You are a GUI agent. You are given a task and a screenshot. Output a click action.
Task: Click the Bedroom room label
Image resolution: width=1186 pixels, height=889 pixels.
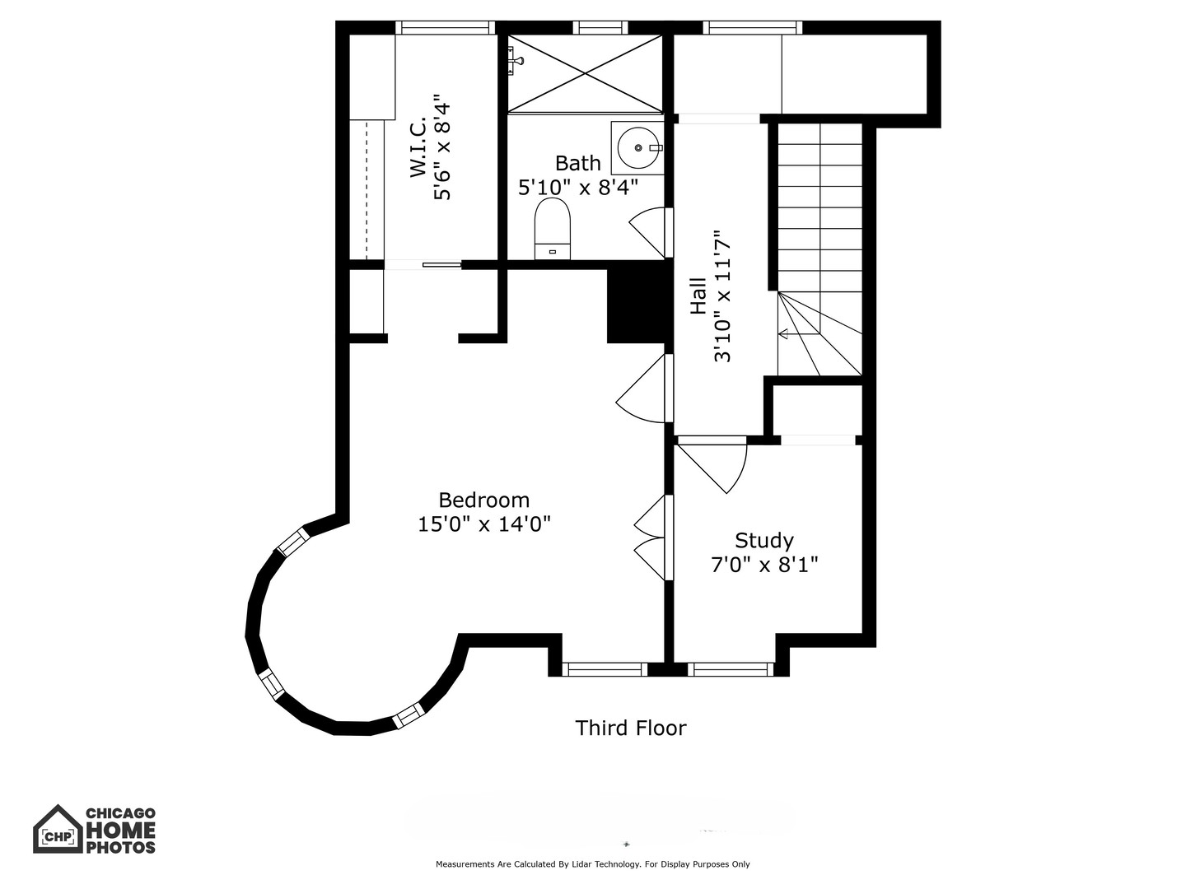(483, 500)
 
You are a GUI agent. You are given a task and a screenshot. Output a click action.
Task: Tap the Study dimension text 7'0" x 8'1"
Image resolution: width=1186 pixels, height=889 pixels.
(764, 565)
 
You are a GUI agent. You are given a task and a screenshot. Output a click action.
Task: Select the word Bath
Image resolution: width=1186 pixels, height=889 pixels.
(577, 162)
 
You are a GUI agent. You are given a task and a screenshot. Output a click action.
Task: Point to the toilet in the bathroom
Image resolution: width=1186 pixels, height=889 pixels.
(552, 228)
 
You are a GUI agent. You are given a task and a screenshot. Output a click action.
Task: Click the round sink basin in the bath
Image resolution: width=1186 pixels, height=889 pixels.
(638, 147)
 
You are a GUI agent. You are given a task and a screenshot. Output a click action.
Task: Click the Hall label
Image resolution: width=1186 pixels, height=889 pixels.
(698, 296)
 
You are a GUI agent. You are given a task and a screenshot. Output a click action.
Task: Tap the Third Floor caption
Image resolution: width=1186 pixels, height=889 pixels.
(631, 728)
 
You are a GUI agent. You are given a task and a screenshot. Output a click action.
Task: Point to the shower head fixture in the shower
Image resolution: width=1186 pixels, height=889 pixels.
(515, 56)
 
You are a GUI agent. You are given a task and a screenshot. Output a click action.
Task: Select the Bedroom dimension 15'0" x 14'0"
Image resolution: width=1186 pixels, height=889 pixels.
(483, 524)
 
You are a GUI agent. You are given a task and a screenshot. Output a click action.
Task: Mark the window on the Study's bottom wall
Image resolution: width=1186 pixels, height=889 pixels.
(731, 669)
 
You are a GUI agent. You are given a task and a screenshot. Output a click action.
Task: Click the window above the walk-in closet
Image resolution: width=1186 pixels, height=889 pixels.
(446, 28)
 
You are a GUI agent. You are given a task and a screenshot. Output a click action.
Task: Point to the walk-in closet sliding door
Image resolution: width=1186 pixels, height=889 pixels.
(442, 264)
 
